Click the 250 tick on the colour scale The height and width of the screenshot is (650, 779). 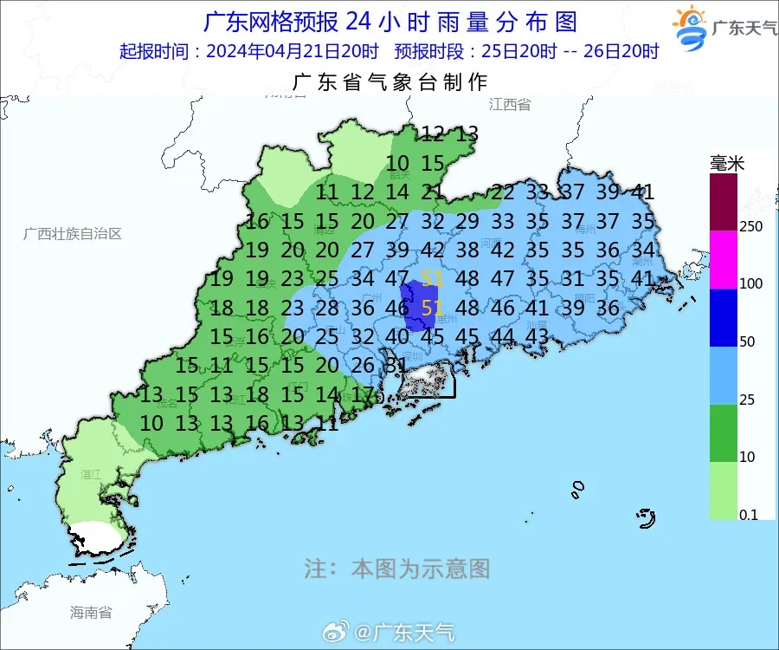pyautogui.click(x=750, y=227)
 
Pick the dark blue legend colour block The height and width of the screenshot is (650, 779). pyautogui.click(x=724, y=318)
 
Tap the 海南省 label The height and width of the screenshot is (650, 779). pyautogui.click(x=91, y=613)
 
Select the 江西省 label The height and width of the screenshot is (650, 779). pyautogui.click(x=509, y=105)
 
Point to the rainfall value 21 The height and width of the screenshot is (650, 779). pyautogui.click(x=432, y=192)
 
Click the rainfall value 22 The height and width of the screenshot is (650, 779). pyautogui.click(x=502, y=192)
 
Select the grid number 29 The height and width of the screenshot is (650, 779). pyautogui.click(x=467, y=221)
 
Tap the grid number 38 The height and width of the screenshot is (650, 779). pyautogui.click(x=467, y=250)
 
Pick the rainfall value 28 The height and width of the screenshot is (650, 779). pyautogui.click(x=326, y=309)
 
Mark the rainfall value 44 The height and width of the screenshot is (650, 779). pyautogui.click(x=502, y=337)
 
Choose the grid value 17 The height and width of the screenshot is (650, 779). pyautogui.click(x=363, y=395)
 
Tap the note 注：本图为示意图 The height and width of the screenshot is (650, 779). pyautogui.click(x=396, y=569)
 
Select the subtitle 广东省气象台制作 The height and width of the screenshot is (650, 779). pyautogui.click(x=390, y=82)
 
